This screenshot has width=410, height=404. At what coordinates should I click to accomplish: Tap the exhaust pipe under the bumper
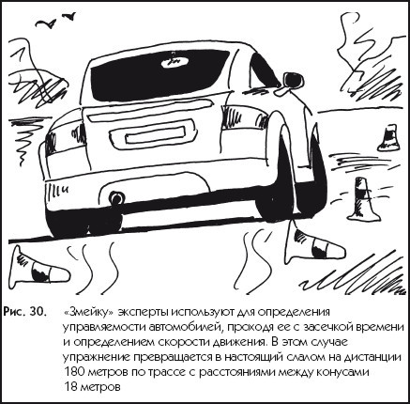[116, 198]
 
